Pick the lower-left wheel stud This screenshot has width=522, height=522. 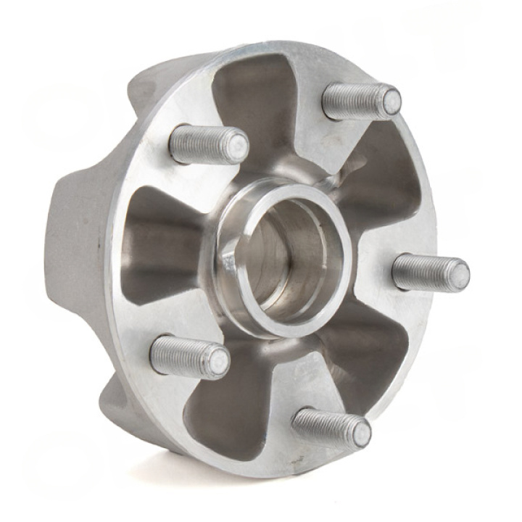click(188, 357)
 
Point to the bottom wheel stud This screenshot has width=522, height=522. click(330, 426)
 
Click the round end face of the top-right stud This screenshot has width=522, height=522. click(391, 102)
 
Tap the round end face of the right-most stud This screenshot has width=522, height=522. click(457, 275)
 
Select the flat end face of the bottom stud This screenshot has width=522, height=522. click(360, 434)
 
